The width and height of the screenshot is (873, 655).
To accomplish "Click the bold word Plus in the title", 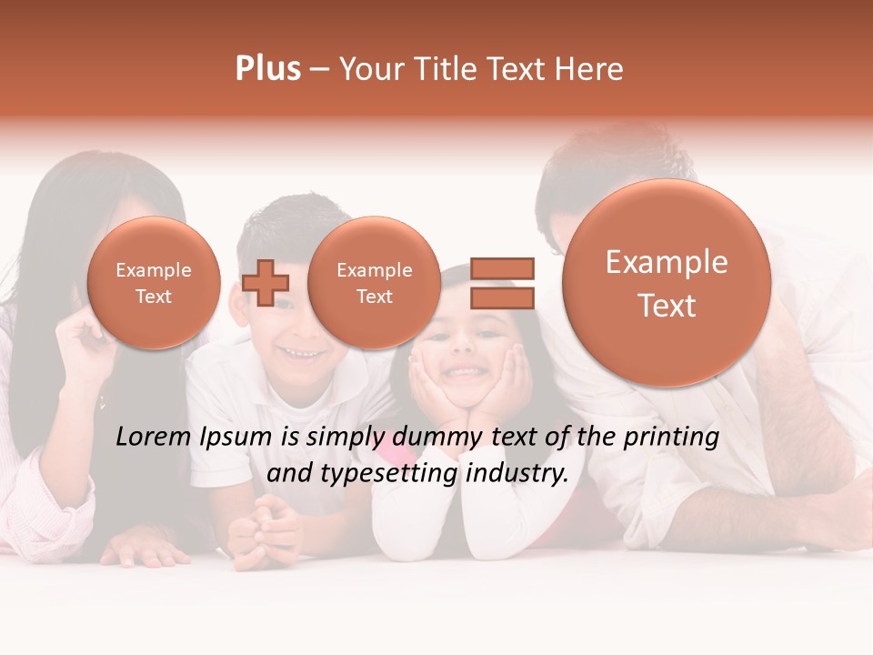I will tap(267, 69).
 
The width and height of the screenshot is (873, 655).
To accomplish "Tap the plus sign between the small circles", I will tap(266, 282).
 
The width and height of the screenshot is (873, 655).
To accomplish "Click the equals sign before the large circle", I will tap(502, 283).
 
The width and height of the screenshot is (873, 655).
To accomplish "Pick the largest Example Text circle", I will tap(667, 283).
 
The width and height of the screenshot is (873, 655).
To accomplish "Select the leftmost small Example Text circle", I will tap(154, 283).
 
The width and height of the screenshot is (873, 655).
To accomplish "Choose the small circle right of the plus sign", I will tap(374, 283).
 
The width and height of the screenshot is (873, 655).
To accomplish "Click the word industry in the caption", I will tap(517, 473).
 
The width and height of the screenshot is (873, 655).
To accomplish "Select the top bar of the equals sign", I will tap(502, 268).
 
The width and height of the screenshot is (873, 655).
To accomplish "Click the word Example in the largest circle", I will tap(667, 262).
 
